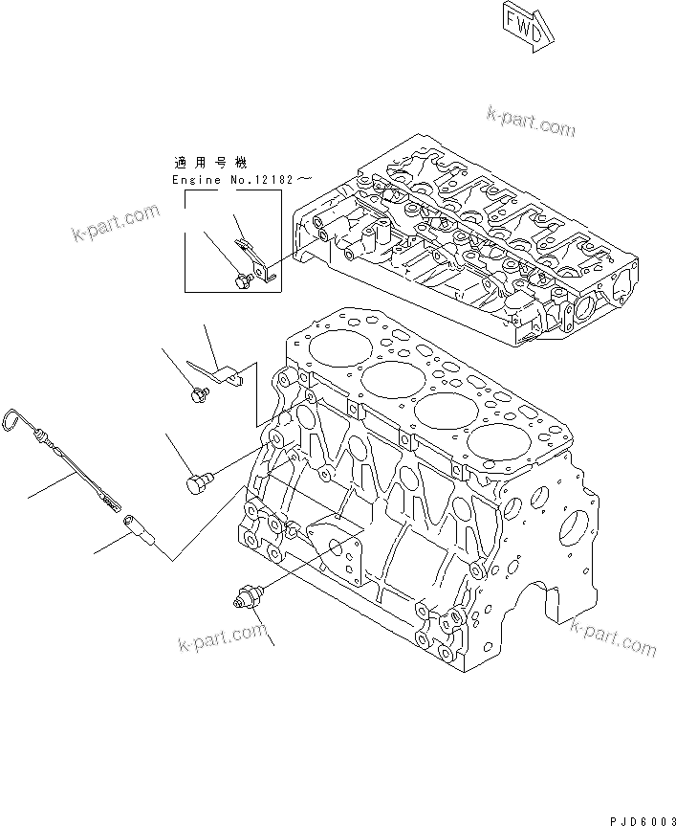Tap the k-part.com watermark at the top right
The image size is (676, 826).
531,123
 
